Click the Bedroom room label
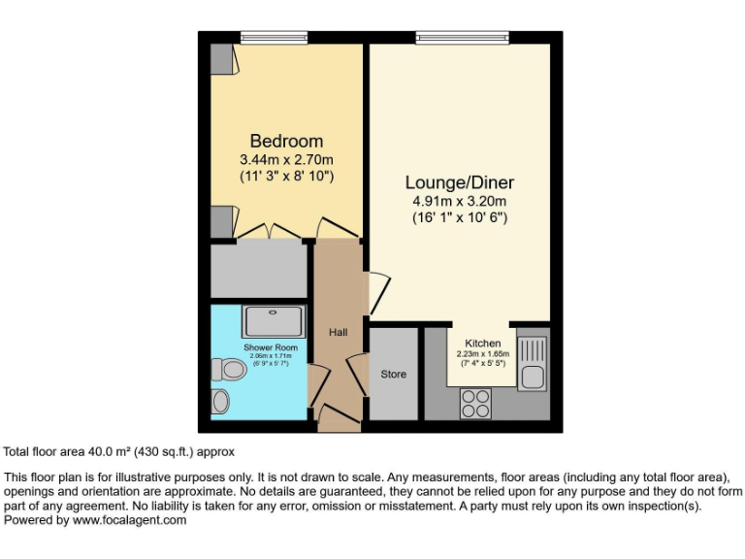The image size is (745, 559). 286,141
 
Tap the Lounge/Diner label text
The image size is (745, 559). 459,182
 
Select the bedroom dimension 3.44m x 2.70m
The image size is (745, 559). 286,159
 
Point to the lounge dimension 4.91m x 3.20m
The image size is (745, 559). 459,201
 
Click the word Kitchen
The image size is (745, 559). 482,344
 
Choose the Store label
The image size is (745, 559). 393,374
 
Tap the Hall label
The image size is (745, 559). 338,333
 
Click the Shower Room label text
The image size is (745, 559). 271,346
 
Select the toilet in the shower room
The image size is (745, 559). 229,369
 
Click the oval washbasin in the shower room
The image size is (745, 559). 222,401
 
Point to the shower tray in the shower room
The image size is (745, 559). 272,321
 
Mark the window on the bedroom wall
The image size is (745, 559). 267,38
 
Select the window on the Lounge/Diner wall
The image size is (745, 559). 461,38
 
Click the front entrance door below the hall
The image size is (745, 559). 338,419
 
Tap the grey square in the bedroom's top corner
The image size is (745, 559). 222,60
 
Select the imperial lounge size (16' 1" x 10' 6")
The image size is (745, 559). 459,217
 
